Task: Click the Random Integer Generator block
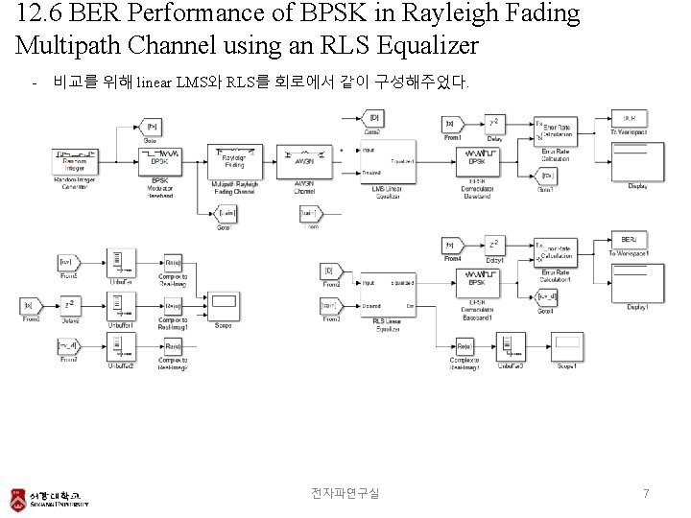75,161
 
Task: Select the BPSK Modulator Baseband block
160,159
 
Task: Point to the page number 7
646,493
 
